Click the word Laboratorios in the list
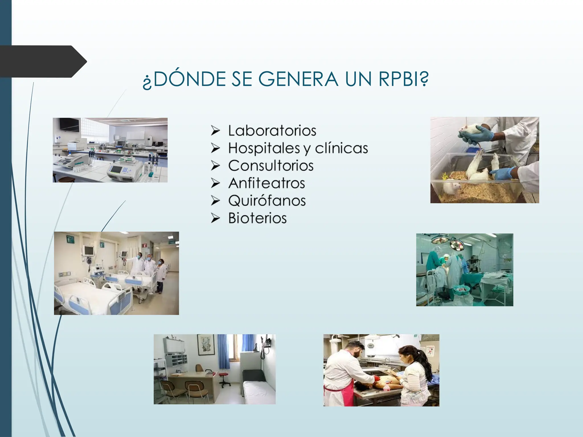point(272,131)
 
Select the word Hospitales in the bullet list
point(264,148)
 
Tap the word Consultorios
point(271,166)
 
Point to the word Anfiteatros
point(266,183)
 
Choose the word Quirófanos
point(267,201)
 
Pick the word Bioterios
point(257,218)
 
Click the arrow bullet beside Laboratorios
point(215,131)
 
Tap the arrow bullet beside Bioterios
point(215,218)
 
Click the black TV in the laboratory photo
point(69,125)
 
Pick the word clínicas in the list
point(341,148)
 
